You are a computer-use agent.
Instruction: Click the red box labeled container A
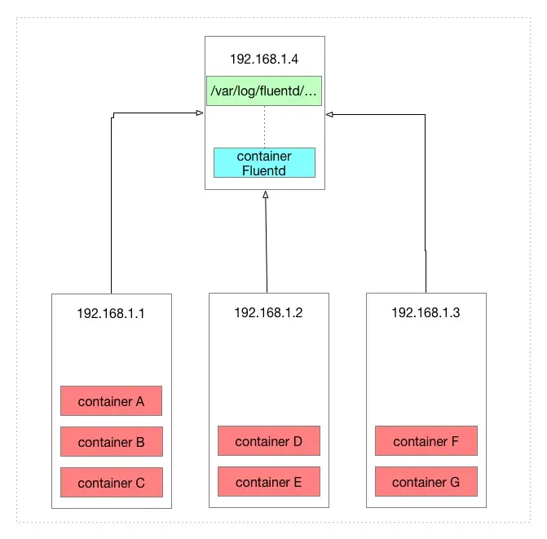point(111,401)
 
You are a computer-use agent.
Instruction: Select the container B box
point(111,442)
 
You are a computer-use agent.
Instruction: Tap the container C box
point(111,483)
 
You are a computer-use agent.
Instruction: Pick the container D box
point(268,441)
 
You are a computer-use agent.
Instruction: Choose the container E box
point(268,482)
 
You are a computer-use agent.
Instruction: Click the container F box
point(426,441)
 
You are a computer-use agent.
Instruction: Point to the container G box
point(426,482)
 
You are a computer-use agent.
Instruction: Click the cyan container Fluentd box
point(264,163)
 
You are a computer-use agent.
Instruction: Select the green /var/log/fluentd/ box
point(264,91)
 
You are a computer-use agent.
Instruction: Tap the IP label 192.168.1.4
point(264,59)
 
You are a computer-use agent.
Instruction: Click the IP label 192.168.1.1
point(111,312)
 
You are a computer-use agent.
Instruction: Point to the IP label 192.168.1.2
point(268,312)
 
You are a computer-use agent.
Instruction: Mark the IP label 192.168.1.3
point(426,312)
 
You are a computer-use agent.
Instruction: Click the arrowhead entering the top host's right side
point(330,114)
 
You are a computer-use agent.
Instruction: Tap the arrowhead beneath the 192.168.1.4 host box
point(264,196)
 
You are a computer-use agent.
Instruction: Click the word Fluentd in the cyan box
point(264,170)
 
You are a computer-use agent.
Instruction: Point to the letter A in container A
point(139,401)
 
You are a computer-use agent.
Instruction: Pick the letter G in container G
point(454,482)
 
